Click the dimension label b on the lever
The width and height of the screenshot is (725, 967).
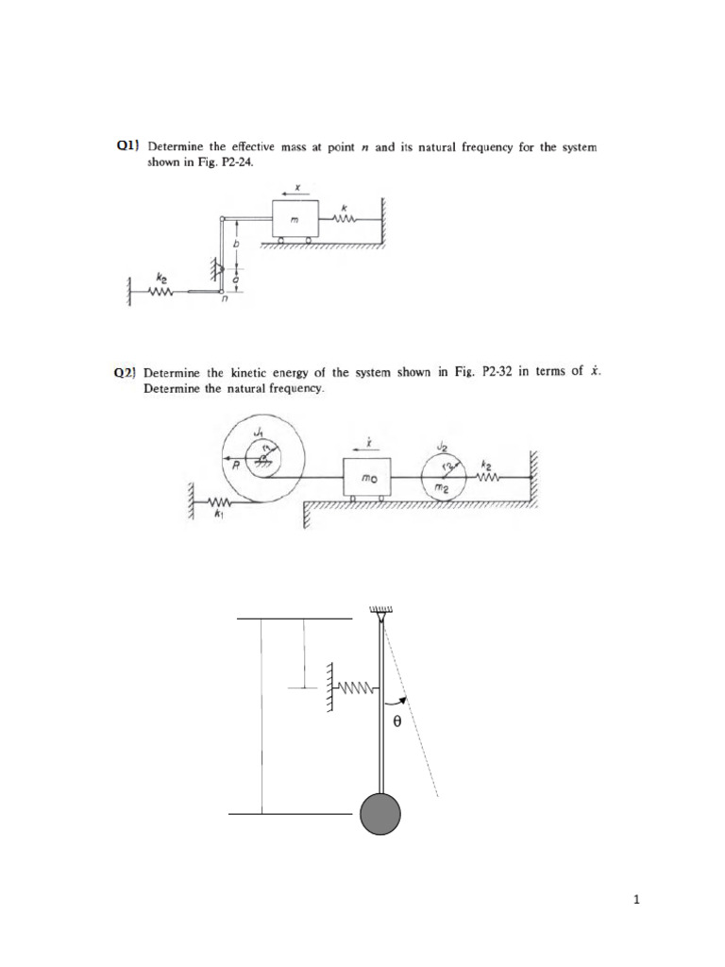[237, 244]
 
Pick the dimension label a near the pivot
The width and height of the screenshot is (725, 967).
[236, 280]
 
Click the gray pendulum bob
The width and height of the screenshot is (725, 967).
[379, 813]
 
